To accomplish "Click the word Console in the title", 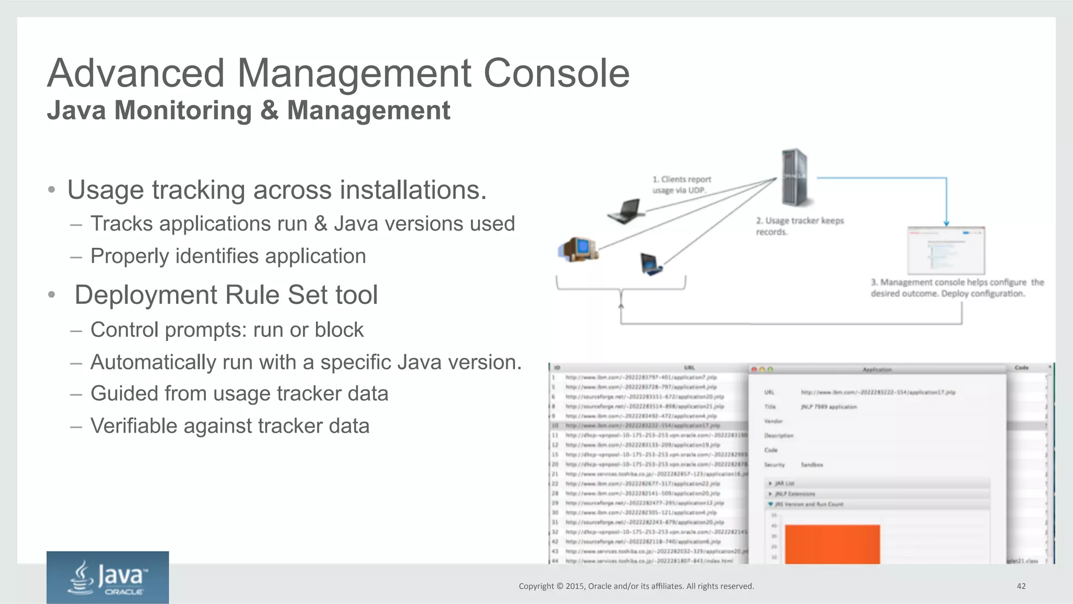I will point(556,73).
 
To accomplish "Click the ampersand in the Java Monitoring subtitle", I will point(269,111).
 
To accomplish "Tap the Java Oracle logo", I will point(107,577).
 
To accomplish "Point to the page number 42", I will point(1021,586).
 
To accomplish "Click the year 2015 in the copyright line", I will point(575,586).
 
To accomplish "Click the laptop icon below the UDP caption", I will point(626,211).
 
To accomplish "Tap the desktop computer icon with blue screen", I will point(578,249).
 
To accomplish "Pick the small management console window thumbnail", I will point(946,250).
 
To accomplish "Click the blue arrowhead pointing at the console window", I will point(946,223).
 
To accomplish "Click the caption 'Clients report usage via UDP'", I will point(681,184).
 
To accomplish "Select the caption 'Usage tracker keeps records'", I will point(800,226).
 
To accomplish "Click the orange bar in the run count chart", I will point(832,544).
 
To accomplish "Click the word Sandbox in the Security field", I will point(812,465).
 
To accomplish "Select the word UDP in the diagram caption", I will point(696,190).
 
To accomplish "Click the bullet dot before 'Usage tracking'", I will point(51,190).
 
